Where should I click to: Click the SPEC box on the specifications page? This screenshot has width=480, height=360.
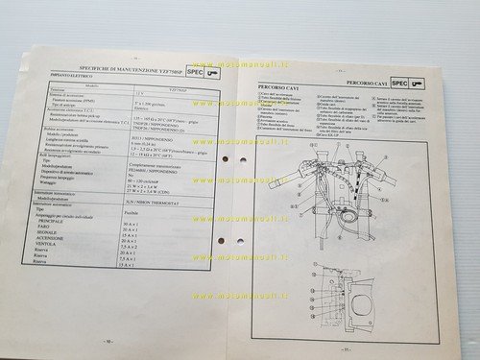point(193,71)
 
